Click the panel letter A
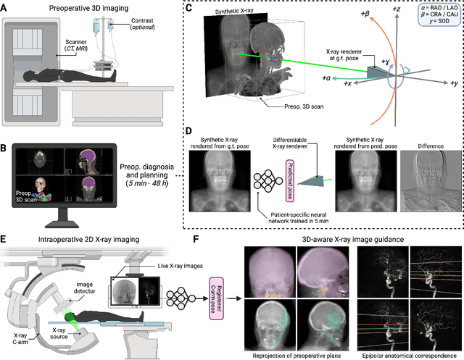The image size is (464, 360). coord(7,8)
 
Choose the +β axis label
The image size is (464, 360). coord(356,12)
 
